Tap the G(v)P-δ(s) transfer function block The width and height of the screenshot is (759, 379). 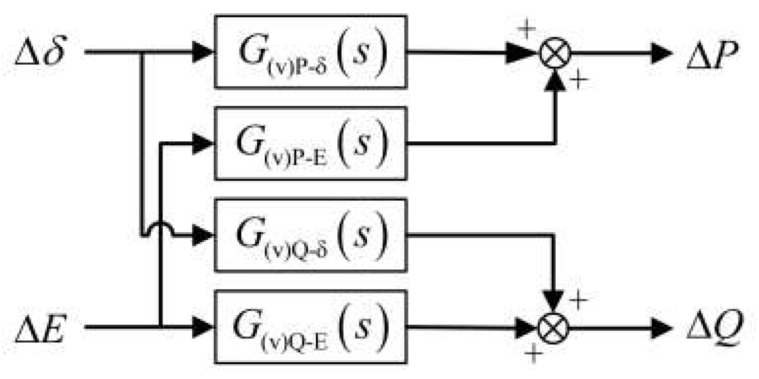(x=310, y=52)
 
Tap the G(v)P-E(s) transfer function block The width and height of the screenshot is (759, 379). (x=310, y=143)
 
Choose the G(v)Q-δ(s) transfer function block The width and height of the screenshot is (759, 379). (x=310, y=235)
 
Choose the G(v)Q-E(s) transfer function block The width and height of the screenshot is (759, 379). (x=310, y=326)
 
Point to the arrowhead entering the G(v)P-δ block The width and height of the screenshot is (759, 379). (x=203, y=52)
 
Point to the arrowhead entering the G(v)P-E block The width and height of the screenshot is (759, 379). (x=203, y=143)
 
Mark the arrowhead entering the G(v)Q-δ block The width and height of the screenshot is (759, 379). (x=203, y=235)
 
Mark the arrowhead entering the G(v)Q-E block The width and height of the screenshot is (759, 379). (x=203, y=327)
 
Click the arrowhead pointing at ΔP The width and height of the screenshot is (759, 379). (x=661, y=53)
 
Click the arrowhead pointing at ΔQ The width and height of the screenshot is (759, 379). (x=661, y=327)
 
